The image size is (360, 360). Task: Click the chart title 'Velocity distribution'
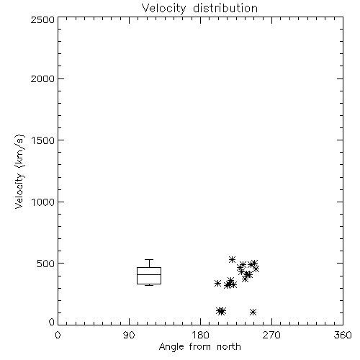pyautogui.click(x=199, y=8)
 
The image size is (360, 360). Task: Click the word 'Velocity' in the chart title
pyautogui.click(x=163, y=9)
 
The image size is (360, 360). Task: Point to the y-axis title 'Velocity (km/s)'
pyautogui.click(x=19, y=171)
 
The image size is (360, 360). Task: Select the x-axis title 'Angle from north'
pyautogui.click(x=199, y=347)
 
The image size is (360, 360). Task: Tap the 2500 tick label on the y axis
pyautogui.click(x=43, y=19)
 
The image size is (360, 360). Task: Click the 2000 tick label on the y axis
pyautogui.click(x=43, y=78)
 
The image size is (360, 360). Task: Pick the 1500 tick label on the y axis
pyautogui.click(x=43, y=140)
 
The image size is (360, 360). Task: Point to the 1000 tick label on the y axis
pyautogui.click(x=43, y=202)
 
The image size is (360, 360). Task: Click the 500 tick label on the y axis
pyautogui.click(x=46, y=264)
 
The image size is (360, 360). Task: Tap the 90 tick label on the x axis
pyautogui.click(x=129, y=335)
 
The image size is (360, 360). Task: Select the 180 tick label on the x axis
pyautogui.click(x=200, y=335)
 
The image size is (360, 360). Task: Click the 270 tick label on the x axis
pyautogui.click(x=271, y=335)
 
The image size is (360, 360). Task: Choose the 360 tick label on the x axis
pyautogui.click(x=343, y=335)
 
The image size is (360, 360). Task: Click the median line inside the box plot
pyautogui.click(x=149, y=274)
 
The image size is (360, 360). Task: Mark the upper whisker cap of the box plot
pyautogui.click(x=149, y=259)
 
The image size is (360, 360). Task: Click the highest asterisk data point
pyautogui.click(x=232, y=259)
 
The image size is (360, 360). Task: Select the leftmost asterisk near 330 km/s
pyautogui.click(x=217, y=283)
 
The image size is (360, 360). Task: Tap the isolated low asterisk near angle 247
pyautogui.click(x=253, y=312)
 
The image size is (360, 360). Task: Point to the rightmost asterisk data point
pyautogui.click(x=256, y=269)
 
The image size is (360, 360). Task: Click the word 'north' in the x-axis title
pyautogui.click(x=229, y=347)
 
